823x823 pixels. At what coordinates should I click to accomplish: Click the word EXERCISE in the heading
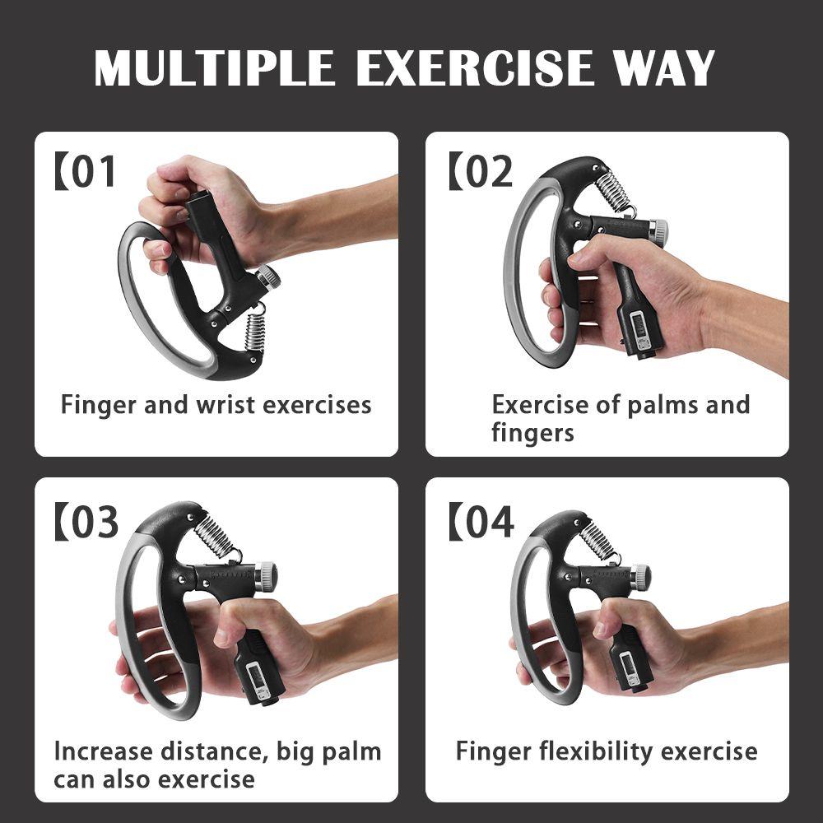pyautogui.click(x=475, y=68)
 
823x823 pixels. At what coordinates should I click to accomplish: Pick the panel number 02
pyautogui.click(x=485, y=172)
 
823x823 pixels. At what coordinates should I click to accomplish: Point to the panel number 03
pyautogui.click(x=90, y=523)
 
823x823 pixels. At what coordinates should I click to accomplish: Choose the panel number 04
pyautogui.click(x=486, y=523)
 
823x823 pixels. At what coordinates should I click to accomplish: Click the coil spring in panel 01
pyautogui.click(x=255, y=330)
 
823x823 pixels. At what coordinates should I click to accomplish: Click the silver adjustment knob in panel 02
pyautogui.click(x=659, y=231)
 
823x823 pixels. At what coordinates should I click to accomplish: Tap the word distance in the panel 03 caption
pyautogui.click(x=208, y=751)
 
